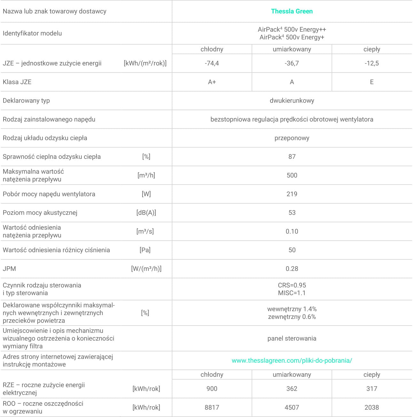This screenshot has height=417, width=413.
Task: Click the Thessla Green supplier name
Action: [292, 11]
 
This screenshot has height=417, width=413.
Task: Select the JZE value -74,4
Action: [212, 63]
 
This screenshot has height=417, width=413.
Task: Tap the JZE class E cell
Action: [371, 82]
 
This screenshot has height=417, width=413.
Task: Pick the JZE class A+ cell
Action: [212, 82]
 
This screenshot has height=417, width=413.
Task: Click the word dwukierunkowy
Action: [292, 101]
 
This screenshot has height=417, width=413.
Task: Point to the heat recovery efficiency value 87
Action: [292, 157]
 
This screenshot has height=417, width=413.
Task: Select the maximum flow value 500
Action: [292, 175]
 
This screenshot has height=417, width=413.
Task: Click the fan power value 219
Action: [292, 194]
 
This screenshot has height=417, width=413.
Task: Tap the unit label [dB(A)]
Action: [146, 213]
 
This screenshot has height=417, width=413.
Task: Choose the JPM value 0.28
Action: [292, 269]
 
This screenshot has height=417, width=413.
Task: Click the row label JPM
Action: [9, 269]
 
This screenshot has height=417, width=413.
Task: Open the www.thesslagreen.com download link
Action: [292, 360]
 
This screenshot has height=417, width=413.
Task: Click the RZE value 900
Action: [212, 389]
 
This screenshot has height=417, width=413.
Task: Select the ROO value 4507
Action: [292, 407]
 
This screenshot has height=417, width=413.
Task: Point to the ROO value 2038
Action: [371, 407]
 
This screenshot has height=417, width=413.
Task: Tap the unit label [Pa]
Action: [145, 250]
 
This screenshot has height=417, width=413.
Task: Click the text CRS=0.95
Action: [292, 285]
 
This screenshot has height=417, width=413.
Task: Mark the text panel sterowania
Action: [292, 338]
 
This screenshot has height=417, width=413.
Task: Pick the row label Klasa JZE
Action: [17, 82]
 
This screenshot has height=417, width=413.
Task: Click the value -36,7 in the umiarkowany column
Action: [292, 63]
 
